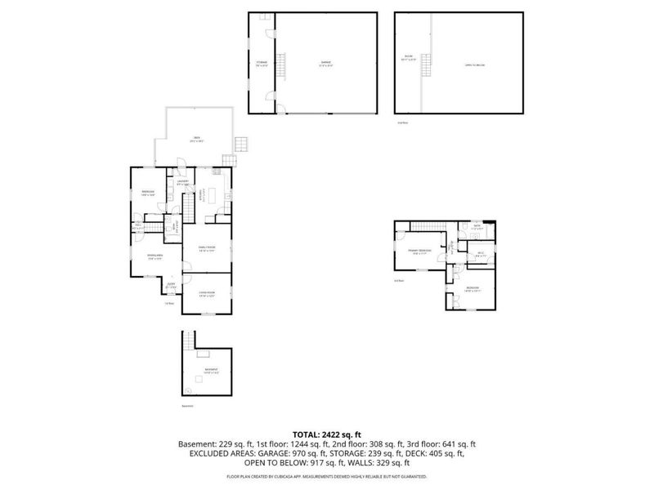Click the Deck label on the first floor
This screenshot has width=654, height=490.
click(x=195, y=139)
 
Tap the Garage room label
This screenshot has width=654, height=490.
click(x=325, y=64)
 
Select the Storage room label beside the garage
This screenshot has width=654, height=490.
click(x=262, y=64)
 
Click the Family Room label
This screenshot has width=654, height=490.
click(x=204, y=249)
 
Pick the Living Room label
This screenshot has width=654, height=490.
click(x=204, y=293)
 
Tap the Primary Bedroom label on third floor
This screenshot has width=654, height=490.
click(x=420, y=252)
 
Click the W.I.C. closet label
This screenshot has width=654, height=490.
click(x=482, y=254)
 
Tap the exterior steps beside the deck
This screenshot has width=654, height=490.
click(x=240, y=145)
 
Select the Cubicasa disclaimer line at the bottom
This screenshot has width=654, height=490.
click(x=327, y=475)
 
